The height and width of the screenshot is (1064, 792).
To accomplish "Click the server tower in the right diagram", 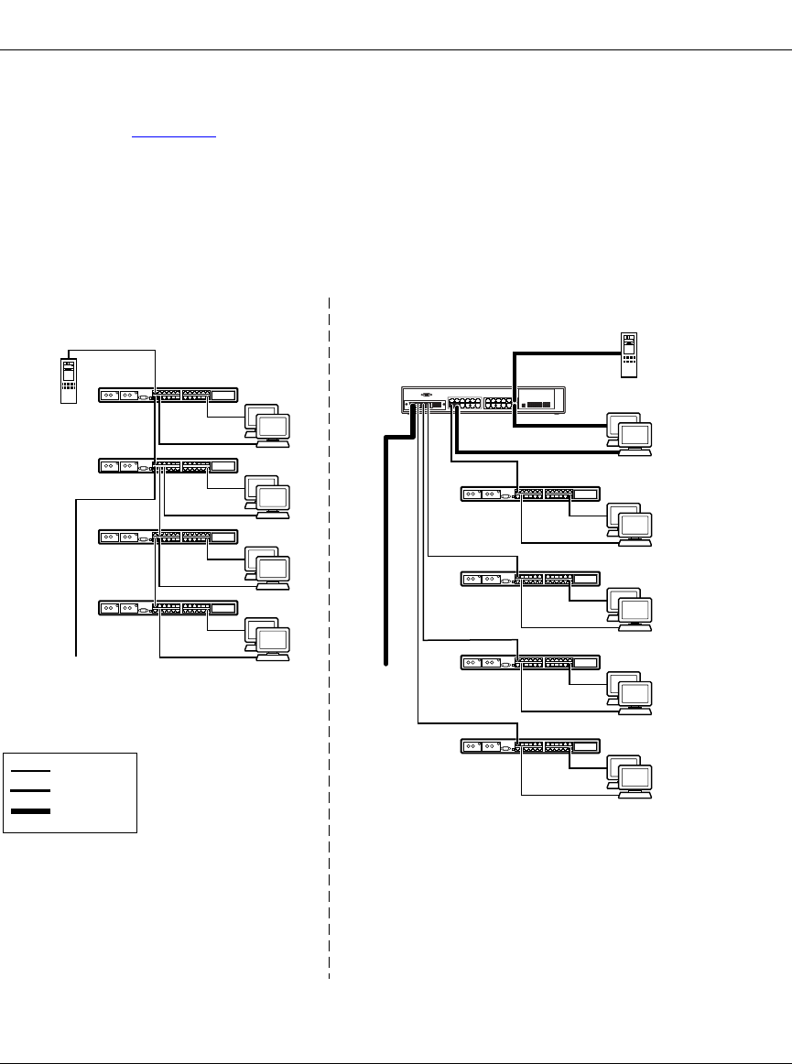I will point(628,355).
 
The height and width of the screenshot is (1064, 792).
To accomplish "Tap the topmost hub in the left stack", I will point(168,396).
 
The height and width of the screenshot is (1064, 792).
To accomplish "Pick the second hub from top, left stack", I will point(168,466).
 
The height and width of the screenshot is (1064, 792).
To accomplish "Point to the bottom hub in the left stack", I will point(168,607).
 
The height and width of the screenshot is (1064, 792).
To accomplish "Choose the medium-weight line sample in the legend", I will point(30,789).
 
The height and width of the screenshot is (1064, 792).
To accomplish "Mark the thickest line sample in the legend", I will point(30,811).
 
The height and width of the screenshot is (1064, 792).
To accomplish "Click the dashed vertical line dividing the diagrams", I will point(329,641).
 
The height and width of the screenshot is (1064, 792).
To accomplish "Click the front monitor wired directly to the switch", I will point(635,436).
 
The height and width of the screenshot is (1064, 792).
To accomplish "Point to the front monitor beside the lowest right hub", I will point(635,779).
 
